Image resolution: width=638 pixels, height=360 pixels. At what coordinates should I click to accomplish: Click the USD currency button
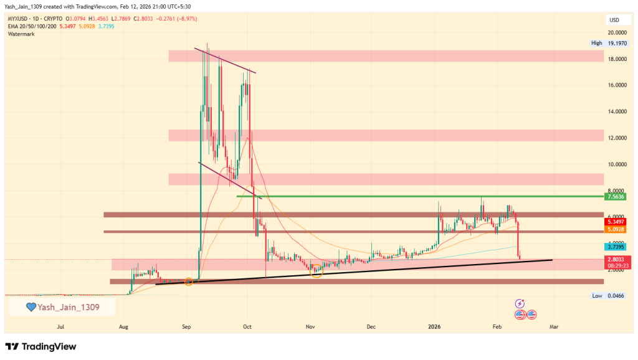614,21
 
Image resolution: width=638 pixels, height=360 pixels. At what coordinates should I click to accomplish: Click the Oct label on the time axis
247,325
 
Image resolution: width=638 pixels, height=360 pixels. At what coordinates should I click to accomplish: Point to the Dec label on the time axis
371,325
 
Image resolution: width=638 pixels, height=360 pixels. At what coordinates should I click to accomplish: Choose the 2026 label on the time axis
434,325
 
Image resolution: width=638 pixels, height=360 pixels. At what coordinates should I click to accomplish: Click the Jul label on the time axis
60,325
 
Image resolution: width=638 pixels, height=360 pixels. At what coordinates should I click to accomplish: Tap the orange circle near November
317,270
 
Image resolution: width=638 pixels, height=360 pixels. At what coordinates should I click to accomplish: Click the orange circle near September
188,282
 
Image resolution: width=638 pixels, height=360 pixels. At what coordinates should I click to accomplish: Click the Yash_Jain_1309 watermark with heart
62,306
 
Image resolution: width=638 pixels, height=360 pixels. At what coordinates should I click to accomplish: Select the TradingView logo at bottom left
40,346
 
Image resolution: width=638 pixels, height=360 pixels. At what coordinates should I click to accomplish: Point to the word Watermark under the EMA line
22,34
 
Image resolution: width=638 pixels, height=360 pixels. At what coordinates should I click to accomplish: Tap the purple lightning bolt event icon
520,303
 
